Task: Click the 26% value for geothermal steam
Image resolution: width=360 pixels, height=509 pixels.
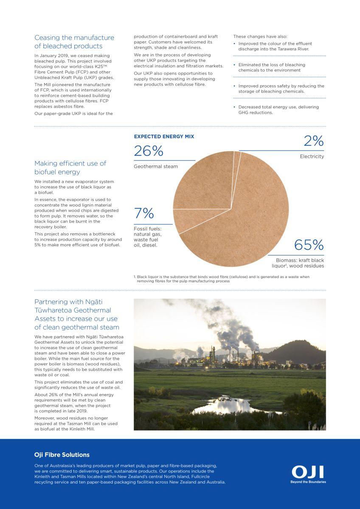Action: tap(149, 151)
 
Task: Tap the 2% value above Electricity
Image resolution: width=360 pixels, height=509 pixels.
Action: tap(313, 141)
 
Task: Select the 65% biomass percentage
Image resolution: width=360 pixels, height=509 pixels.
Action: tap(309, 245)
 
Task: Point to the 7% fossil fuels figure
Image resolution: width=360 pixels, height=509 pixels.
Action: tap(144, 213)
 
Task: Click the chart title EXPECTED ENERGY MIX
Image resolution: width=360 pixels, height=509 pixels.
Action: tap(164, 137)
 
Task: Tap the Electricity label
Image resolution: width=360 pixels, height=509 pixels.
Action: tap(312, 157)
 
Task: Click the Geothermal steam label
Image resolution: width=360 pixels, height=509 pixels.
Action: tap(156, 167)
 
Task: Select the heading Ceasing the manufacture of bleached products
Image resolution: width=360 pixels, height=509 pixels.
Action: tap(74, 42)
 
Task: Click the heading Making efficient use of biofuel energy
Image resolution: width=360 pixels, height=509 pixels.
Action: tap(70, 168)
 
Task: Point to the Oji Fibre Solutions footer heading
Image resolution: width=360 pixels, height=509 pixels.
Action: tap(62, 455)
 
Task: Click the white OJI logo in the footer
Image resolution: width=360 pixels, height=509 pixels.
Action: tap(308, 472)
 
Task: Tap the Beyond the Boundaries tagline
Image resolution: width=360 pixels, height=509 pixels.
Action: tap(308, 482)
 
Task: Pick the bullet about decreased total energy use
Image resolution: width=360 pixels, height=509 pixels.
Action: tap(278, 110)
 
